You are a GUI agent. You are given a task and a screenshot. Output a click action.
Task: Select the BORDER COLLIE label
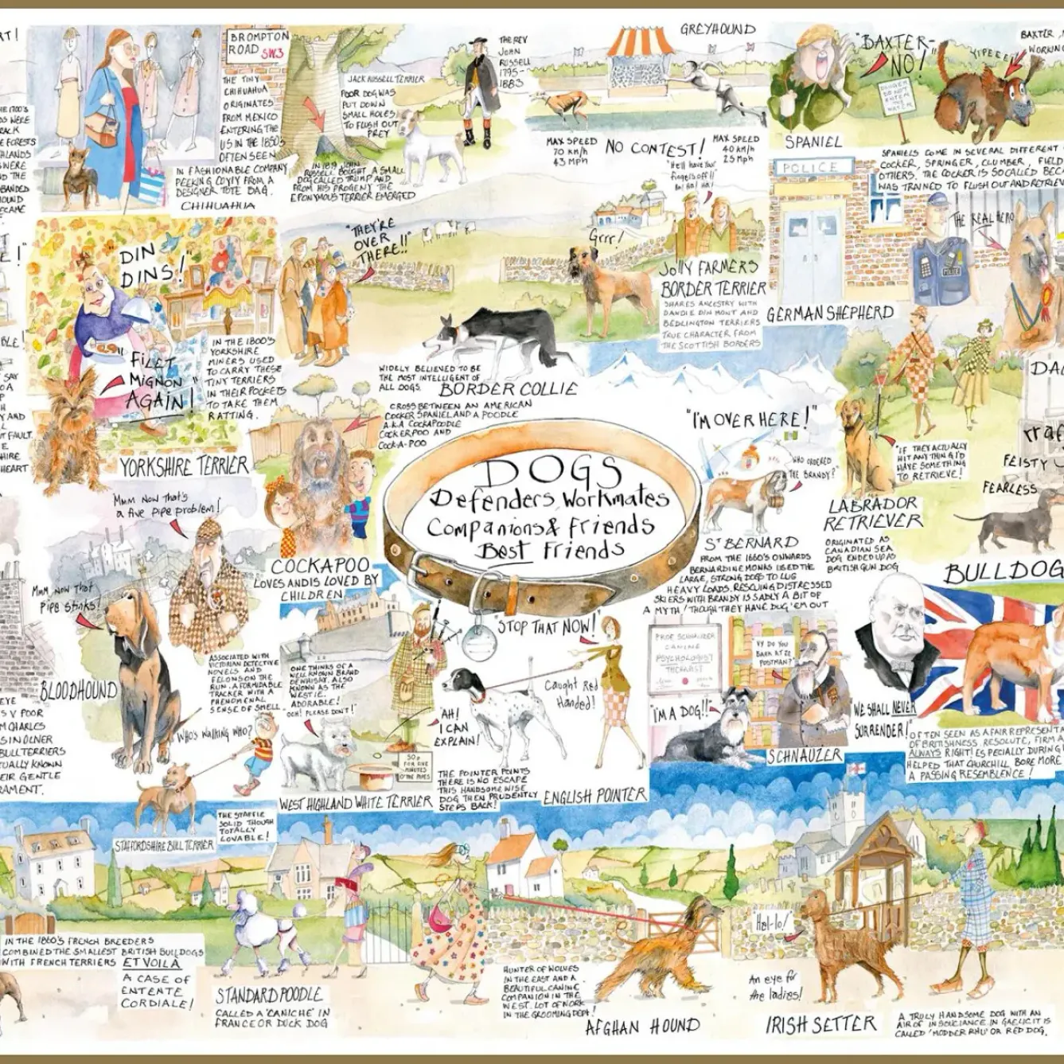tap(508, 389)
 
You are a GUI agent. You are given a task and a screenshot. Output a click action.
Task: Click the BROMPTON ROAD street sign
tap(259, 44)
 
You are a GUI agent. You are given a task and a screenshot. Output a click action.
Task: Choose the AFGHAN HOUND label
tap(642, 1026)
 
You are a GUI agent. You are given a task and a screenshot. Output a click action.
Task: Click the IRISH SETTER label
tap(820, 1024)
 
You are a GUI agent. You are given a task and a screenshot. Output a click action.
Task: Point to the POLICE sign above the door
tap(810, 168)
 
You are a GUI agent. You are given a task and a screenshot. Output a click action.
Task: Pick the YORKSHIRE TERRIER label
tap(185, 463)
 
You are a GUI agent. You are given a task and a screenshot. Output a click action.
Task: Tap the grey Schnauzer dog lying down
tap(704, 728)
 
